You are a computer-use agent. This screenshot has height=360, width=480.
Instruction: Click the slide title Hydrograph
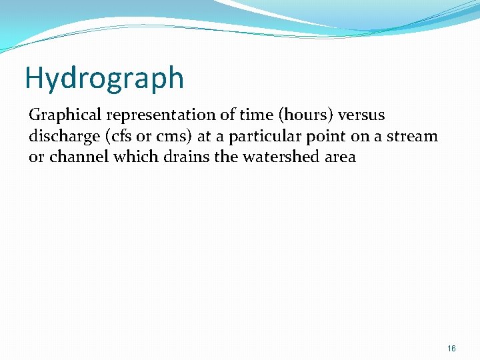click(x=104, y=78)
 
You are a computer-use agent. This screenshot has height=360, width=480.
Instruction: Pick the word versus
click(x=363, y=115)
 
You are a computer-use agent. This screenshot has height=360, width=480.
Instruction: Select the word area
click(x=339, y=158)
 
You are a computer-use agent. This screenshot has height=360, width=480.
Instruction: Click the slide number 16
click(x=451, y=349)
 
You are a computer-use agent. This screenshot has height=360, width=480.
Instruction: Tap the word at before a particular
click(x=206, y=137)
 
